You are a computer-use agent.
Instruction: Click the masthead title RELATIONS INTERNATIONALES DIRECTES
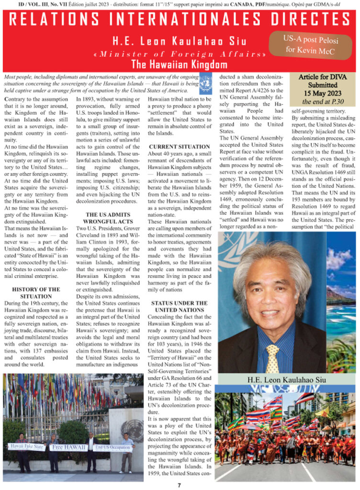click(180, 20)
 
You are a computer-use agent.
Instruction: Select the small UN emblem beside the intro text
click(205, 81)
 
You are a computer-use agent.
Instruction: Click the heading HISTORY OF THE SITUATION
click(36, 293)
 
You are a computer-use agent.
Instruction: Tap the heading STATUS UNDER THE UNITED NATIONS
click(179, 306)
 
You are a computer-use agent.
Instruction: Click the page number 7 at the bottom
click(179, 484)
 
